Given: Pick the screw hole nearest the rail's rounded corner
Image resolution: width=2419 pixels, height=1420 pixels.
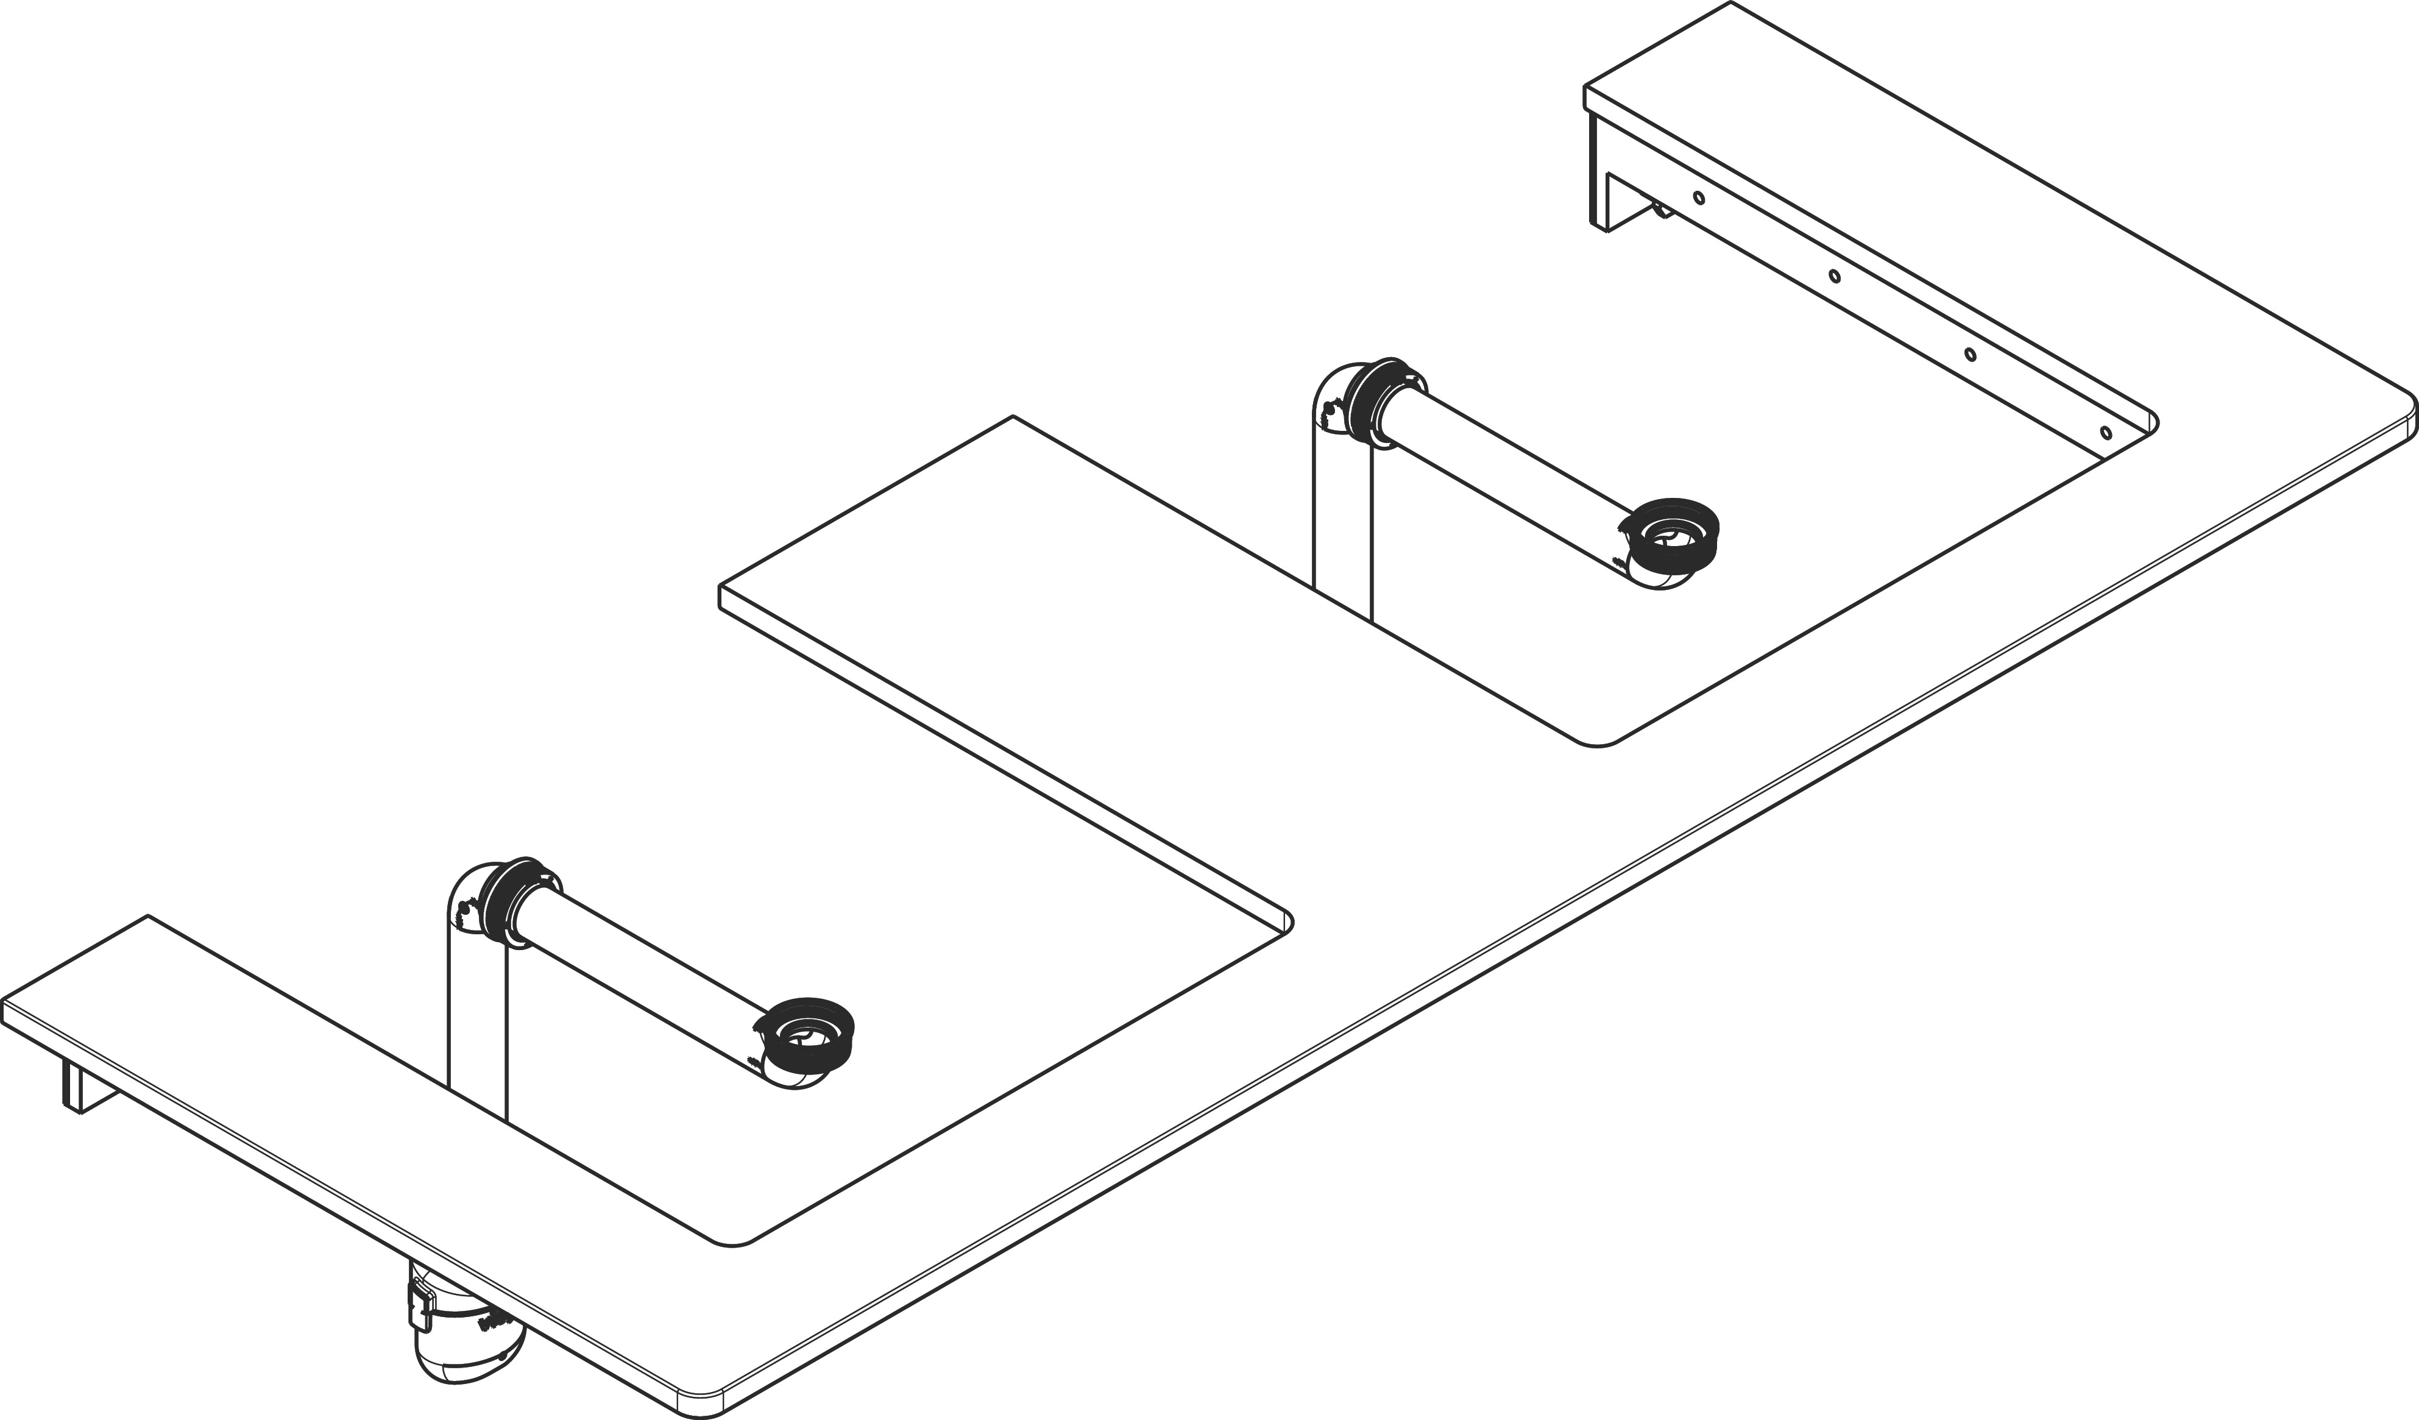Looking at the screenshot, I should (2106, 432).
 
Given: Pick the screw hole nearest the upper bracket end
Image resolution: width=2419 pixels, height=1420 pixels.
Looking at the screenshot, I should (1699, 199).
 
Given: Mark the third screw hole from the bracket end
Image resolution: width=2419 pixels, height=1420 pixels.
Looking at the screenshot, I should (1971, 354).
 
